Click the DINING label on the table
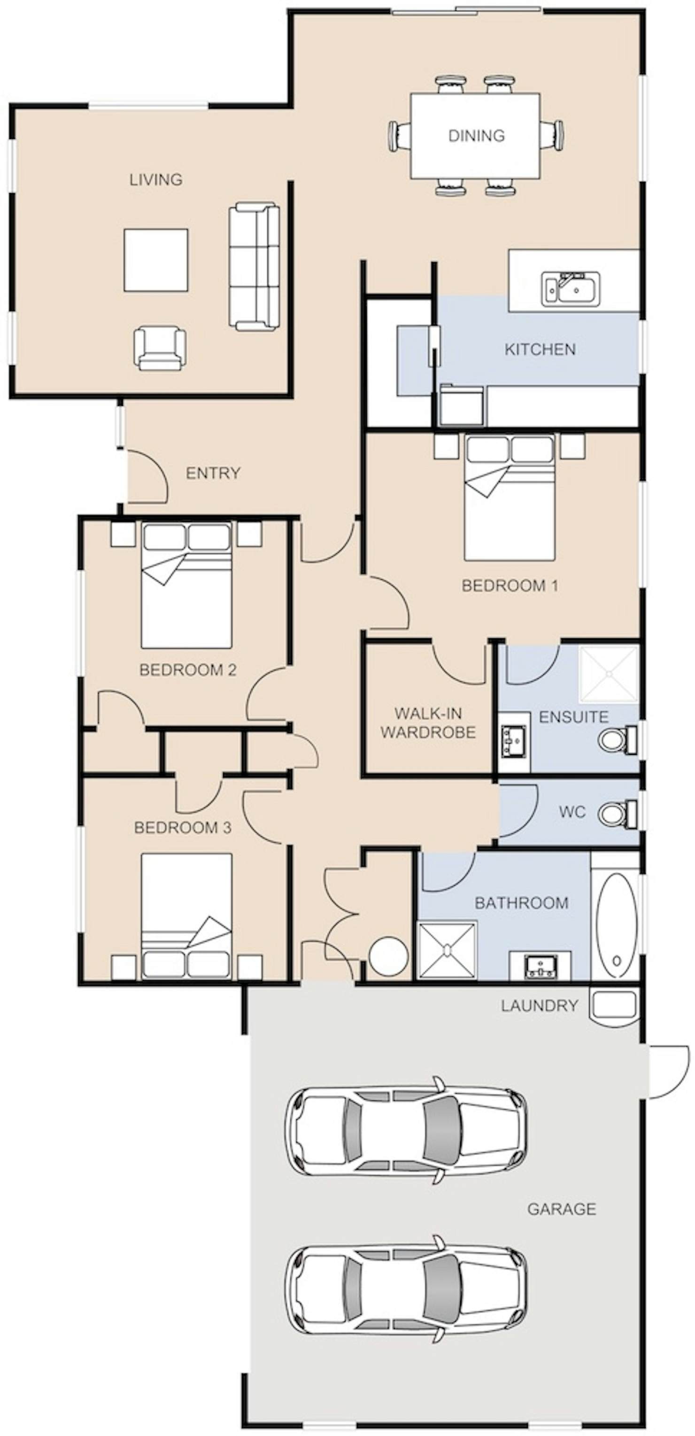477,135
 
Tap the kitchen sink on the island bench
570,289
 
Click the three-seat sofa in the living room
254,267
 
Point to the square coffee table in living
156,260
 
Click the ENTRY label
213,473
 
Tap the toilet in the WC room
618,813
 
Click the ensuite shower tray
609,674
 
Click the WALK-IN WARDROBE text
428,723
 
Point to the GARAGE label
562,1209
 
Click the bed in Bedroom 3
186,916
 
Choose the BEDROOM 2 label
188,669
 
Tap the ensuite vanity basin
513,741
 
